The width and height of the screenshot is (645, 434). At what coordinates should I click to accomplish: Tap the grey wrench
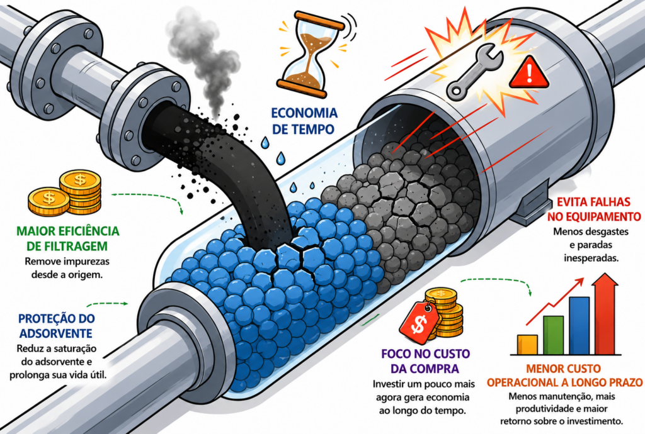pos(474,74)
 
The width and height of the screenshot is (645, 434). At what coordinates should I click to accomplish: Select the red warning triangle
pos(528,74)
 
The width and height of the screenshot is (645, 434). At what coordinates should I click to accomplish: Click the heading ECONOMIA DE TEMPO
pos(304,121)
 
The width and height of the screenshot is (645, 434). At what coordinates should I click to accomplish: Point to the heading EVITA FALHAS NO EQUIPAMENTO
pos(593,209)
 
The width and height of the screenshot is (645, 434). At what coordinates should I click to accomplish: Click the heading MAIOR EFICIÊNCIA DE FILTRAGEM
pos(68,238)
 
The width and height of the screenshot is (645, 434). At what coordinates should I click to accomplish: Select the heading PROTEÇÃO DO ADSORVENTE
pos(57,326)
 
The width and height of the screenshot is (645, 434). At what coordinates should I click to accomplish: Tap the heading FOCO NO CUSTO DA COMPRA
pos(425,361)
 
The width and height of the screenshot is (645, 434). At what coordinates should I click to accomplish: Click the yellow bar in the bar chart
pos(527,345)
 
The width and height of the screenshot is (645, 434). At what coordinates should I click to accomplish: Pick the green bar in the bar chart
pos(553,335)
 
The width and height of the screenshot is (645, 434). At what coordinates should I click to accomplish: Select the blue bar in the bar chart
pos(579,326)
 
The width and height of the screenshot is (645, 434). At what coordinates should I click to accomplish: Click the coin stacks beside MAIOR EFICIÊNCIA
pos(65,193)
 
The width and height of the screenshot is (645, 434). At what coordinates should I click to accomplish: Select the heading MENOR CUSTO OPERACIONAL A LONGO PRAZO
pos(564,376)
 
